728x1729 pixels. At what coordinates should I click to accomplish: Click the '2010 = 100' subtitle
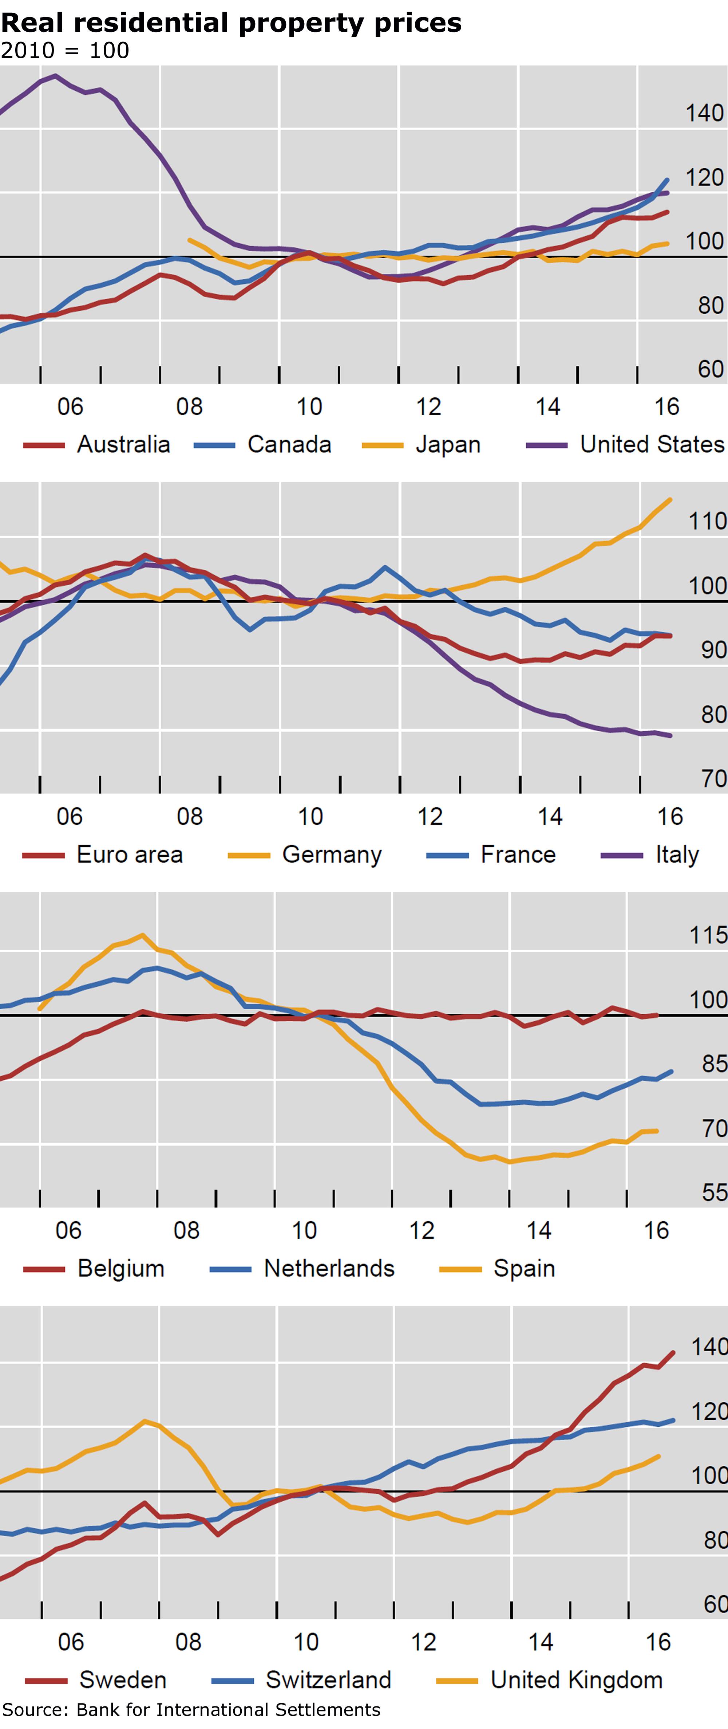(x=65, y=50)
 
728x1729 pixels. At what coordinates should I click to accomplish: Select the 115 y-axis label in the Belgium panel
(x=708, y=935)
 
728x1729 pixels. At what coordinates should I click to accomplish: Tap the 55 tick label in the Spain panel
(x=714, y=1193)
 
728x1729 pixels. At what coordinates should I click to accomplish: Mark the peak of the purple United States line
(x=55, y=76)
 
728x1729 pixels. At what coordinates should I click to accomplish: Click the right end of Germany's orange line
(x=670, y=499)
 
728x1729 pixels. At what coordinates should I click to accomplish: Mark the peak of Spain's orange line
(x=142, y=935)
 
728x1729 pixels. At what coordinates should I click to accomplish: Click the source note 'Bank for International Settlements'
(x=228, y=1710)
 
